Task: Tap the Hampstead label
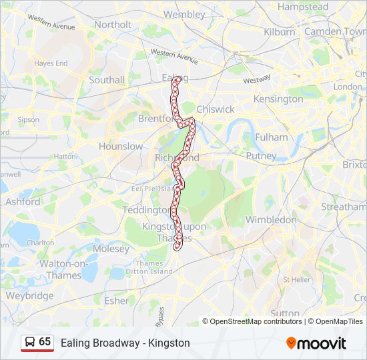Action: pyautogui.click(x=303, y=7)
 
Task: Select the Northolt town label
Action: pyautogui.click(x=113, y=25)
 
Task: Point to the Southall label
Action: pyautogui.click(x=107, y=80)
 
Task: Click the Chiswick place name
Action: pyautogui.click(x=216, y=109)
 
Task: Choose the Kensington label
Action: pyautogui.click(x=278, y=99)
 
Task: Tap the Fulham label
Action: pyautogui.click(x=272, y=137)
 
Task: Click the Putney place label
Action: pyautogui.click(x=261, y=156)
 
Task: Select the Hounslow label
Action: pyautogui.click(x=121, y=146)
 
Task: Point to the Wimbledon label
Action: pyautogui.click(x=271, y=219)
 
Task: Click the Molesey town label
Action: pyautogui.click(x=111, y=249)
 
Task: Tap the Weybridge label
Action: pyautogui.click(x=30, y=295)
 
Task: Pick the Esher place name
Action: pyautogui.click(x=117, y=301)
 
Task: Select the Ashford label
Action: pyautogui.click(x=23, y=201)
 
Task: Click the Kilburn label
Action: pyautogui.click(x=280, y=31)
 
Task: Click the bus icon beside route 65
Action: pyautogui.click(x=29, y=342)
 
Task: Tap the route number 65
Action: pyautogui.click(x=45, y=342)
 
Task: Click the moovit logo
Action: pyautogui.click(x=316, y=343)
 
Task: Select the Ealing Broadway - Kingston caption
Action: pyautogui.click(x=125, y=343)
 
